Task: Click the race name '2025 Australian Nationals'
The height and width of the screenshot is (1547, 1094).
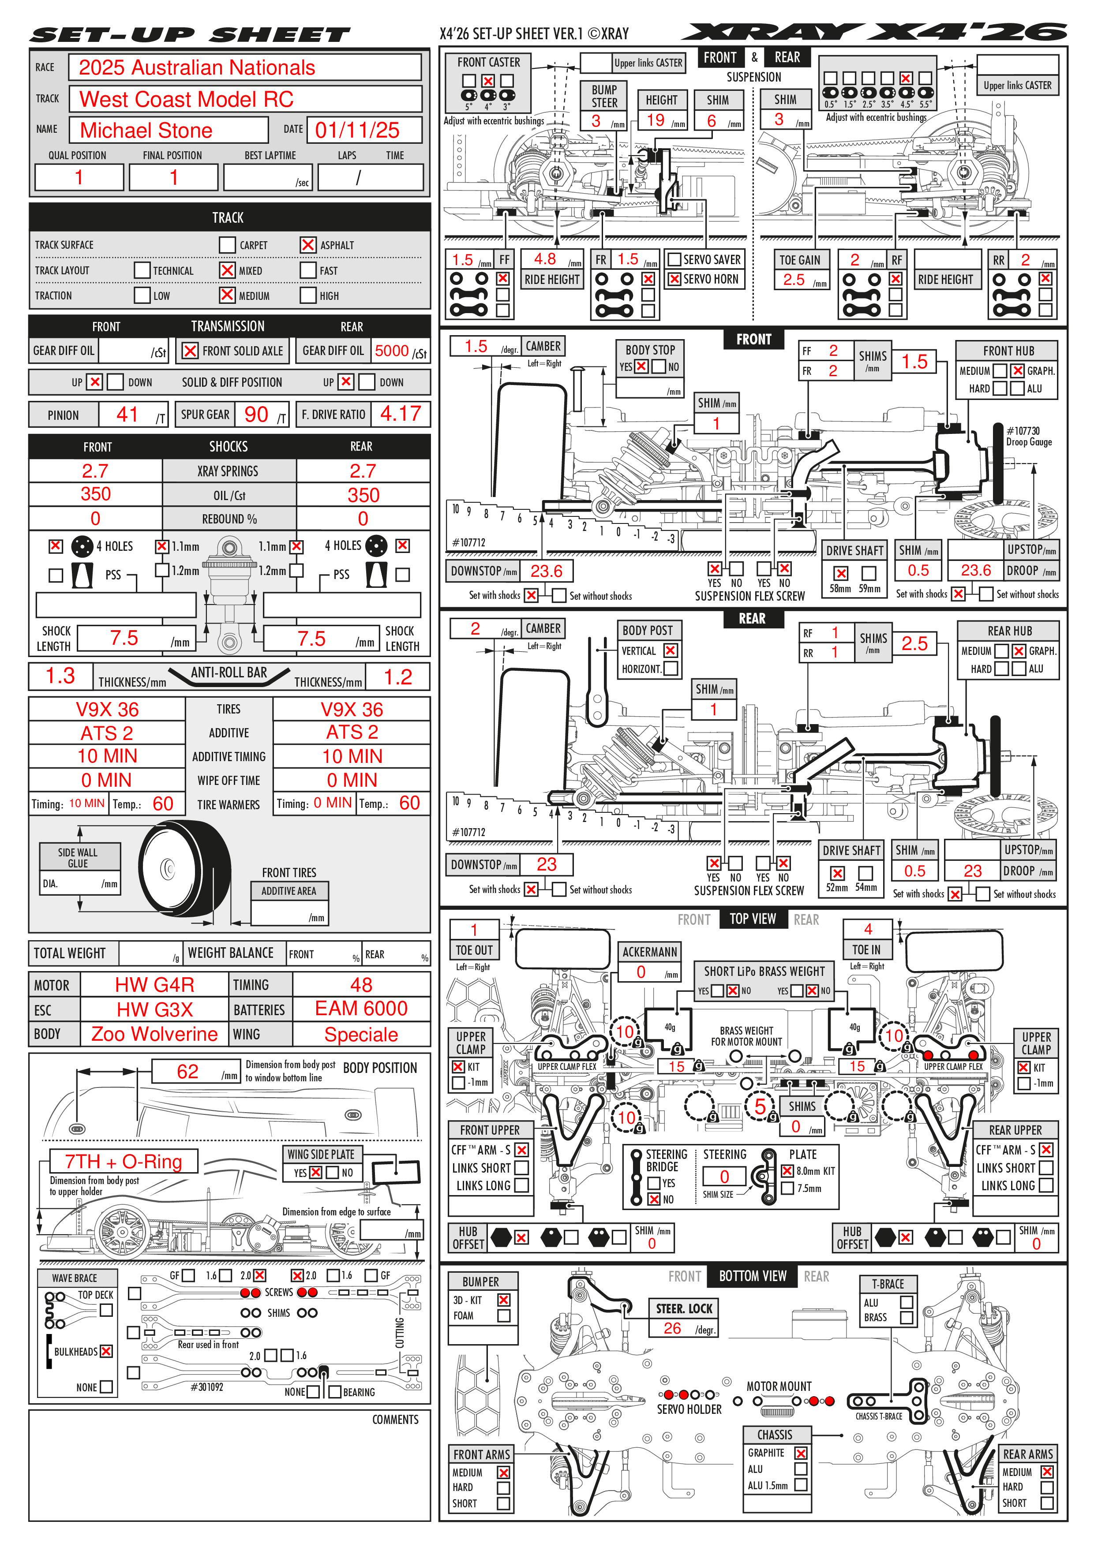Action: tap(197, 68)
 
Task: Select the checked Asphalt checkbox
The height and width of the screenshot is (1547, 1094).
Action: tap(308, 245)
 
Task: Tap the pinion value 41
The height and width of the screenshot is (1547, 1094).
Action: tap(127, 415)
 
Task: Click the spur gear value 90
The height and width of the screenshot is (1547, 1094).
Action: tap(256, 415)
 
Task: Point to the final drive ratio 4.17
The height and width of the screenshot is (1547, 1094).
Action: tap(401, 414)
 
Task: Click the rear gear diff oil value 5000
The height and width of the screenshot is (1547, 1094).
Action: tap(392, 351)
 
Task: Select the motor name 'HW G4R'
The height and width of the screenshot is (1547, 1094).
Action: tap(154, 985)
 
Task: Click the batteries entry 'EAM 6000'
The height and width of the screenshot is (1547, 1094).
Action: tap(361, 1009)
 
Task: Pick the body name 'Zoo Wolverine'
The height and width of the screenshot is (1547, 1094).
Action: tap(154, 1034)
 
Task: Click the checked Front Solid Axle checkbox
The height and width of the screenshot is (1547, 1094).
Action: tap(191, 351)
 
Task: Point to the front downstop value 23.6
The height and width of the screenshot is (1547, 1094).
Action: tap(546, 572)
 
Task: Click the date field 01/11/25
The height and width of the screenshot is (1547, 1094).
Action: tap(357, 130)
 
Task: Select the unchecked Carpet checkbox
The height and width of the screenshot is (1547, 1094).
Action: tap(227, 245)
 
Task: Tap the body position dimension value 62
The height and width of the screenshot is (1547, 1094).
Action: tap(187, 1072)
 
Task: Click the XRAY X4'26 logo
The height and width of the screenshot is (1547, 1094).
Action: tap(874, 32)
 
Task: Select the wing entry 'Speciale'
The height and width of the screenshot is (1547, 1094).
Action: tap(361, 1034)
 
